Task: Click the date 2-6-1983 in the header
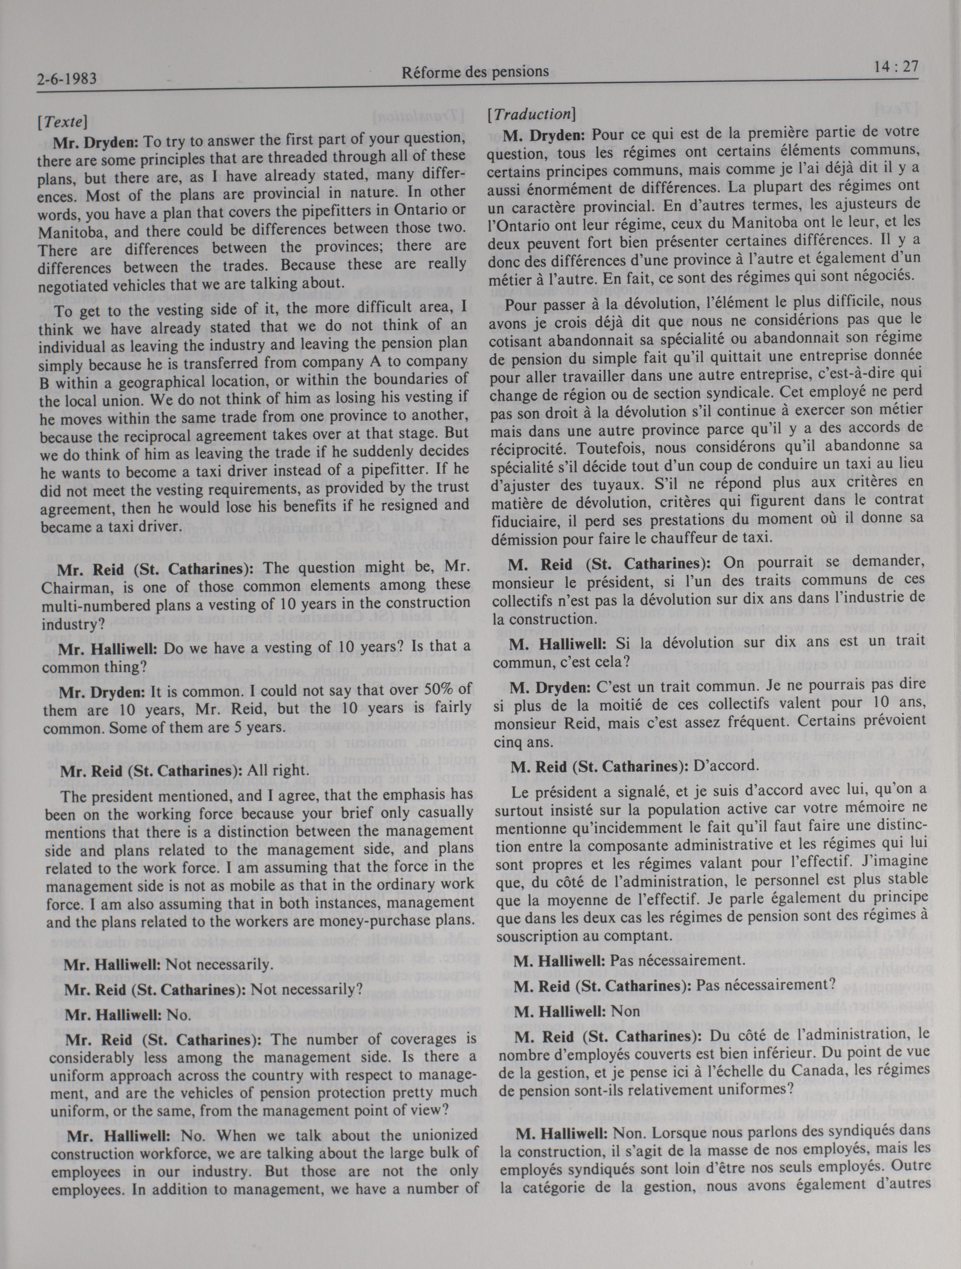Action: coord(65,78)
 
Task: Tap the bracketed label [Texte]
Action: coord(62,122)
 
